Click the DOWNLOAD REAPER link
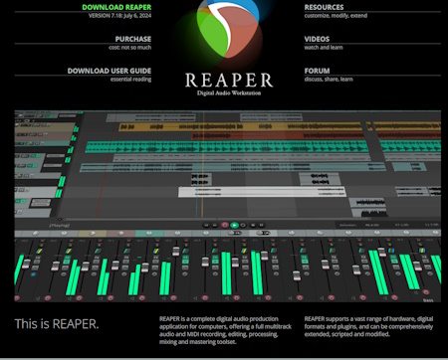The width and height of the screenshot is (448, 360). [x=118, y=7]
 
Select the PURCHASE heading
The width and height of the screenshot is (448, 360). [x=132, y=39]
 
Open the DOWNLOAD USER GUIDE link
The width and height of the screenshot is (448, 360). [x=110, y=71]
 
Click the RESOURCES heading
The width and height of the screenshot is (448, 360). [x=325, y=7]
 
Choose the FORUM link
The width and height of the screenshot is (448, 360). [x=318, y=71]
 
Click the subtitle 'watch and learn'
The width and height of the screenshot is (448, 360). [x=325, y=48]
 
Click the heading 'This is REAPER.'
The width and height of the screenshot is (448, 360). [x=57, y=324]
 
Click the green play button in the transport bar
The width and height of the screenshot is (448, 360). [x=235, y=226]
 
